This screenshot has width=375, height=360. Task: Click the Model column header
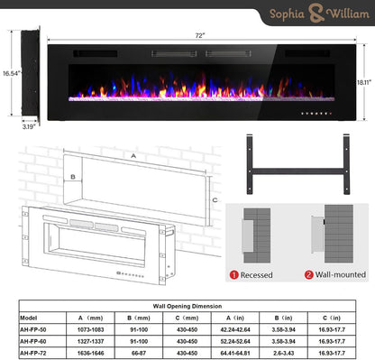point(29,318)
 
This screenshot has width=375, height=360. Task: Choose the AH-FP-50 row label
point(34,330)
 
